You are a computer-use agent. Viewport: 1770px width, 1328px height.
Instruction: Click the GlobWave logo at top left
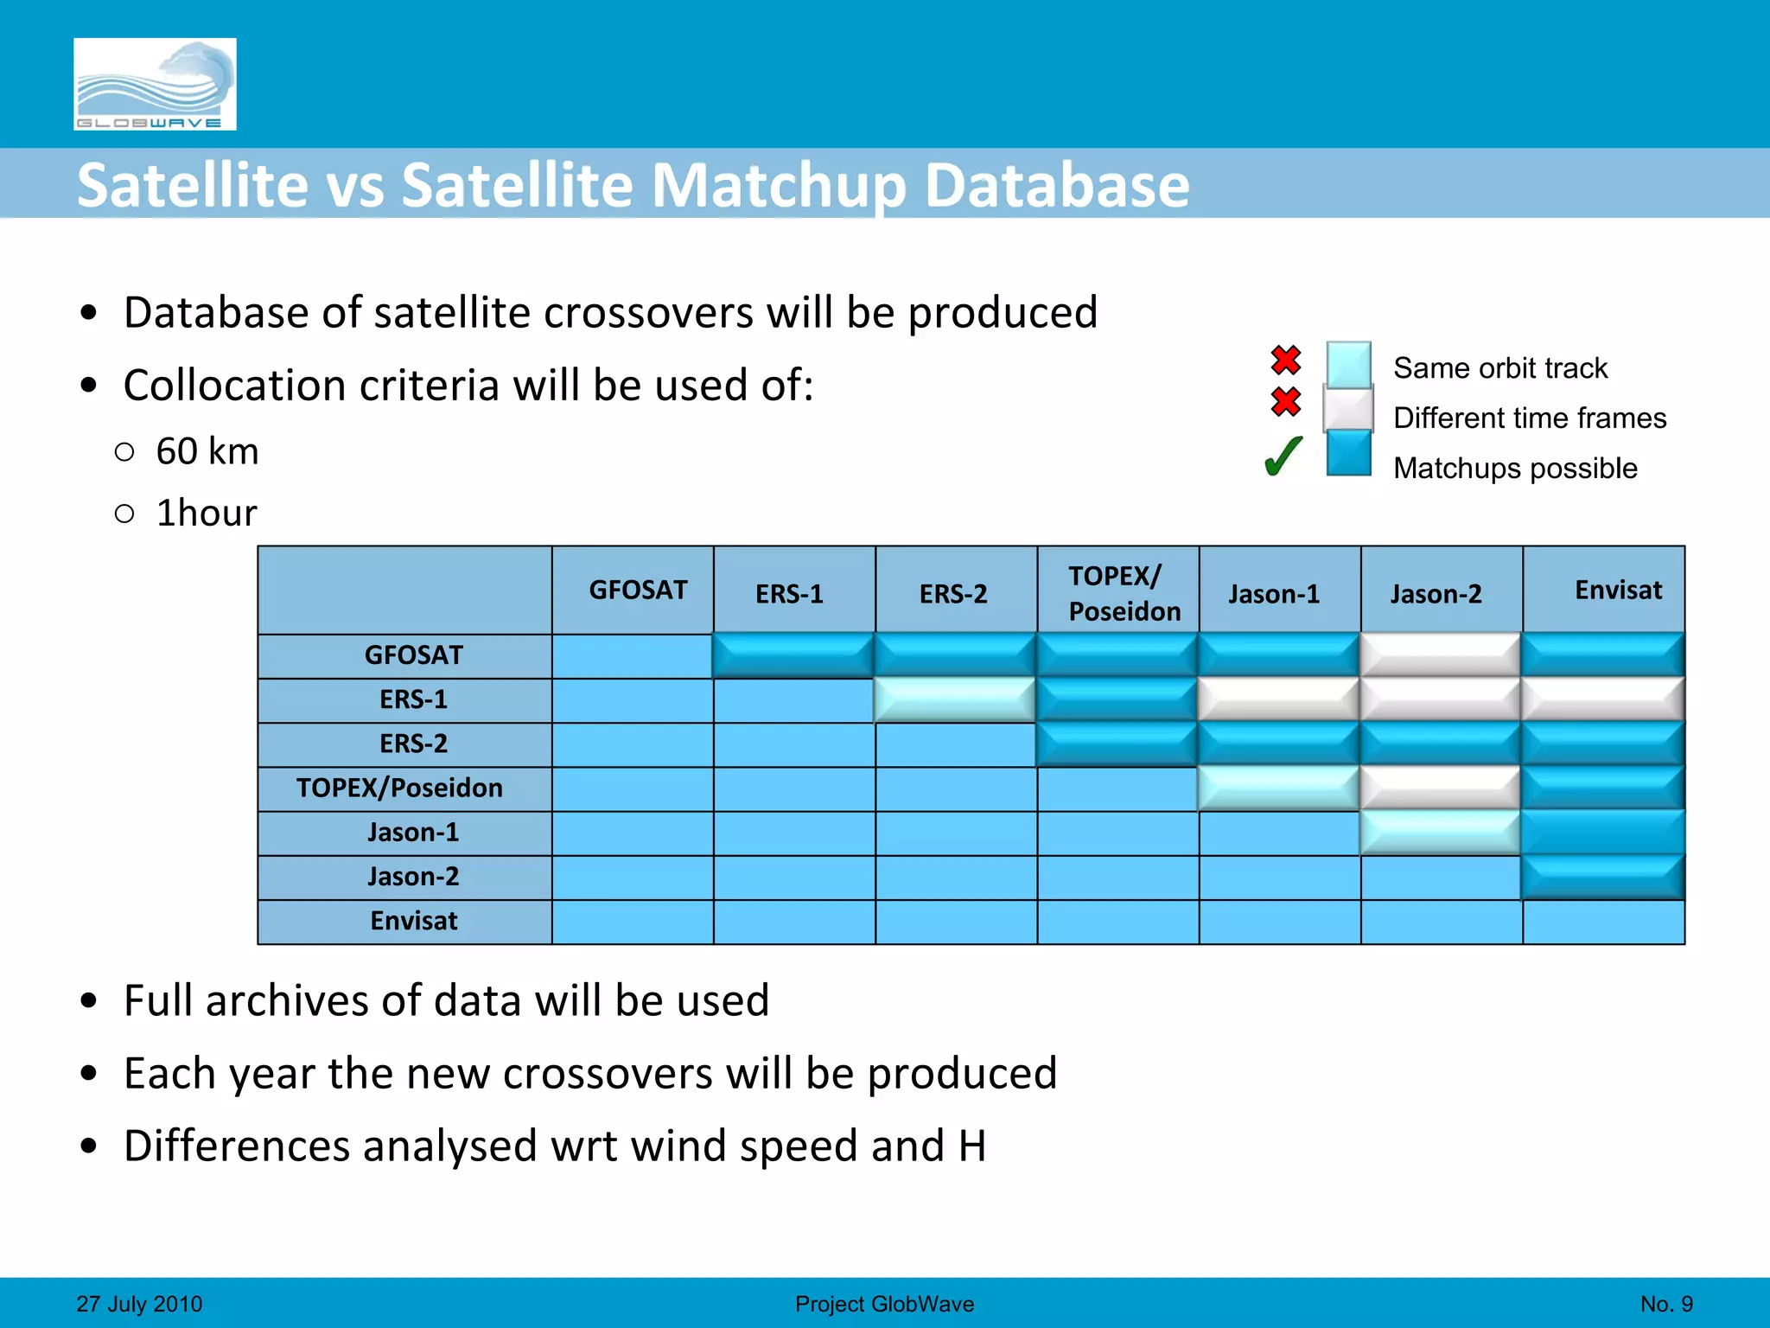155,84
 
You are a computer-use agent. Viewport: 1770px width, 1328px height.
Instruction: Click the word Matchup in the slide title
779,185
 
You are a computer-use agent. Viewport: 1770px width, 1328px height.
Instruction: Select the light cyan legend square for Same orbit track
1348,365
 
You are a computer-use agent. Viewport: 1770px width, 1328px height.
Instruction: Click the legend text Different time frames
1529,418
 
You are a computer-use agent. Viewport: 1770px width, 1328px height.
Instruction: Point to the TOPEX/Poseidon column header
1123,593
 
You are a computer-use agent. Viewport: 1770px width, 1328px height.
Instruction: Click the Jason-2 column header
1436,594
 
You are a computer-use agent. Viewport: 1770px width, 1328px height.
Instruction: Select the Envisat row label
413,921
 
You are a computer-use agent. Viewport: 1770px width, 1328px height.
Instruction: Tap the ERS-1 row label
413,699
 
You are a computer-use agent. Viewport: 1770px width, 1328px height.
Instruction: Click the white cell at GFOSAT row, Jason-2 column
1440,654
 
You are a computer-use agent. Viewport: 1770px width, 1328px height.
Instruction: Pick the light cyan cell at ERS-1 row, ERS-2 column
955,699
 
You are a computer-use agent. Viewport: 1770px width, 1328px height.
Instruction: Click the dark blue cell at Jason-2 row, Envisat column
1602,877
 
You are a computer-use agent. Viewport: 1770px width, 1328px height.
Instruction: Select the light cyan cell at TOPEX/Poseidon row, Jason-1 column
1278,788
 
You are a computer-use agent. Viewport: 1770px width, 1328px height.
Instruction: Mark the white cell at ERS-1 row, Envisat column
1602,699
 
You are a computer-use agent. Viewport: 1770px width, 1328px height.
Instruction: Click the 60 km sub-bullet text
207,451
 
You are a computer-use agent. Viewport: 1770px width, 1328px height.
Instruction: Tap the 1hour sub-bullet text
207,513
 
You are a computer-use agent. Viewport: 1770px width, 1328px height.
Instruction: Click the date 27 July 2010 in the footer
139,1304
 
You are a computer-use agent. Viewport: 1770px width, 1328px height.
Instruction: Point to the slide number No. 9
1665,1304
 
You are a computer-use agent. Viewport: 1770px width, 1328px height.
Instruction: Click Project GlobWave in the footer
884,1304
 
